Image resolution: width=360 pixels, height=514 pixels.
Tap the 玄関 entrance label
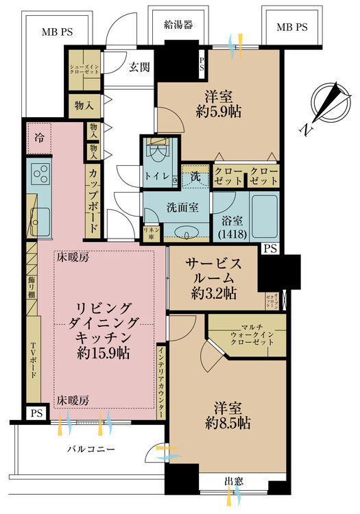140,66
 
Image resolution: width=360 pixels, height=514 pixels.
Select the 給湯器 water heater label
177,25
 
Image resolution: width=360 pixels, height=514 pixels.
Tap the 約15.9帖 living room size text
103,354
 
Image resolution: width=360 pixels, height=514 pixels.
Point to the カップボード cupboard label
93,201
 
